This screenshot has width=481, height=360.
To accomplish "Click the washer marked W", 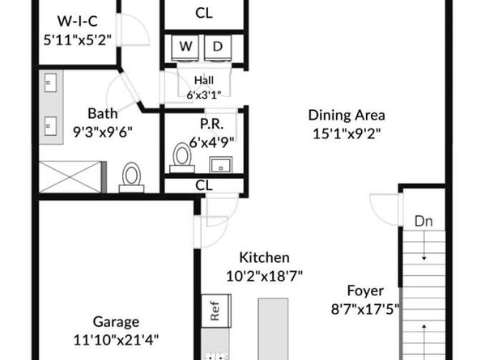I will coord(185,47).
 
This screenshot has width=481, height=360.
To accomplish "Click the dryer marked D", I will coord(217,47).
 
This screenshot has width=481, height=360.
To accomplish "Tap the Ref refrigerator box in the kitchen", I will coord(215,312).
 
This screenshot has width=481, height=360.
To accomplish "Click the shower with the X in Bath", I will coord(70,176).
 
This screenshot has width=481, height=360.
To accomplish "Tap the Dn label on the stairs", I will coord(423,221).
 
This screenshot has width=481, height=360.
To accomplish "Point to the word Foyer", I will coord(365,290).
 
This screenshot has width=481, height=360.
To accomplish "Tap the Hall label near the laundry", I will coord(203,79).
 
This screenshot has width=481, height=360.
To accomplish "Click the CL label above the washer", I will coord(204,13).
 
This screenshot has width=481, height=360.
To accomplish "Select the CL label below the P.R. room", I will coord(204,186).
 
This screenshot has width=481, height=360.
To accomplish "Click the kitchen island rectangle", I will coord(274,328).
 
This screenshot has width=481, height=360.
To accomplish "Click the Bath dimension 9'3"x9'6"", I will coord(104,130).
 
